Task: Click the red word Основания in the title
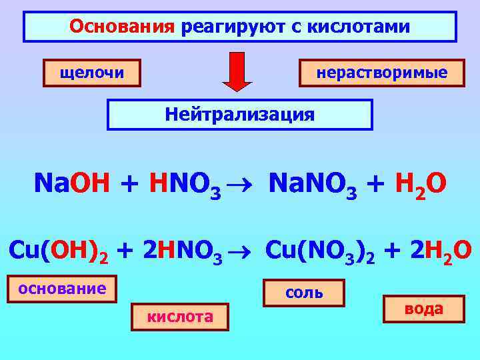[121, 27]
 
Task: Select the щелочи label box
[92, 73]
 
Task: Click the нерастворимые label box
[382, 73]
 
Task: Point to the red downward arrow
[237, 71]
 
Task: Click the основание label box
[62, 289]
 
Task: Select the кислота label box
[180, 317]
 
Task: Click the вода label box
[424, 309]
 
